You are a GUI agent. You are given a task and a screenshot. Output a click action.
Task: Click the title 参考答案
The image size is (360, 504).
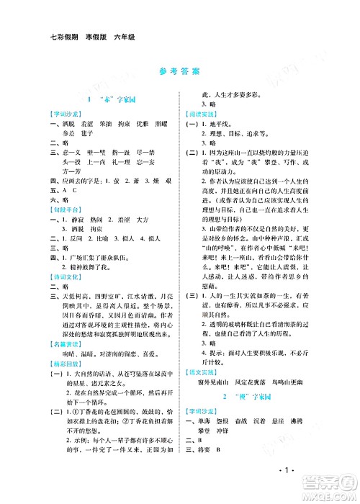[180, 72]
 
